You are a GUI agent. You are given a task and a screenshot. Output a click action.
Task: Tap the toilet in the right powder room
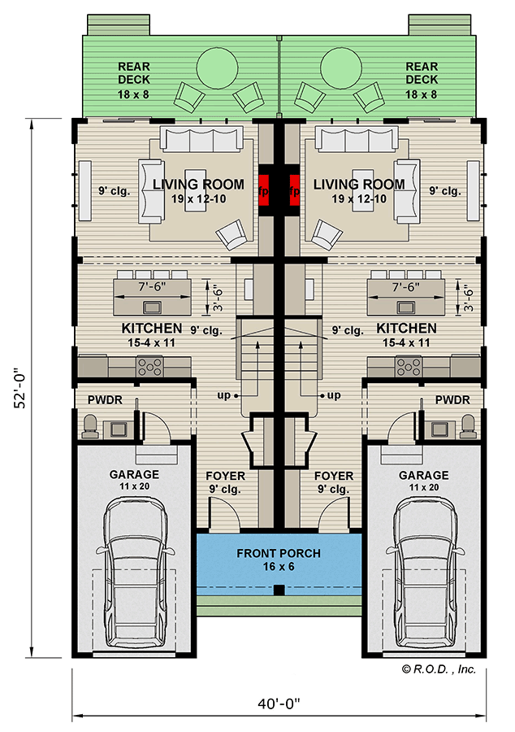(x=466, y=425)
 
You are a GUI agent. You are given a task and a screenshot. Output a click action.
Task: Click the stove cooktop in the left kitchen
(x=151, y=368)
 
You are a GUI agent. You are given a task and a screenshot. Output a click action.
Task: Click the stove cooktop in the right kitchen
(x=406, y=368)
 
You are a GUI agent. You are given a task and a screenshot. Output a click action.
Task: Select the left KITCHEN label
(x=152, y=329)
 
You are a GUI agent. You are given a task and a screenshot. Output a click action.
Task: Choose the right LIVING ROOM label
(x=358, y=185)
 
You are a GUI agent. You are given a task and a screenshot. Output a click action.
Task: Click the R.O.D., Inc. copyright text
(x=439, y=669)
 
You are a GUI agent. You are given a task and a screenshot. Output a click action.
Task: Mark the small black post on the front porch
(x=279, y=590)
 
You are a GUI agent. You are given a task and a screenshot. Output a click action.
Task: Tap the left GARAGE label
(x=135, y=475)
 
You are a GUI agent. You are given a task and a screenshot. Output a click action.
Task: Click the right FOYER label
(x=333, y=476)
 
